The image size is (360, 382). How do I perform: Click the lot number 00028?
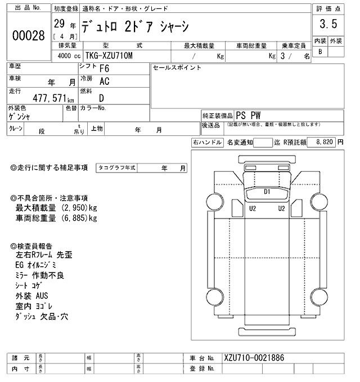pos(28,36)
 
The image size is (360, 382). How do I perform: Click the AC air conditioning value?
pos(104,81)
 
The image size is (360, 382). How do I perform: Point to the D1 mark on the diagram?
pos(267,192)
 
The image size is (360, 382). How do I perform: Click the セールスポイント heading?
pos(177,67)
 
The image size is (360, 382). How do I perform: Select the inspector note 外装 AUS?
pos(32,296)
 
